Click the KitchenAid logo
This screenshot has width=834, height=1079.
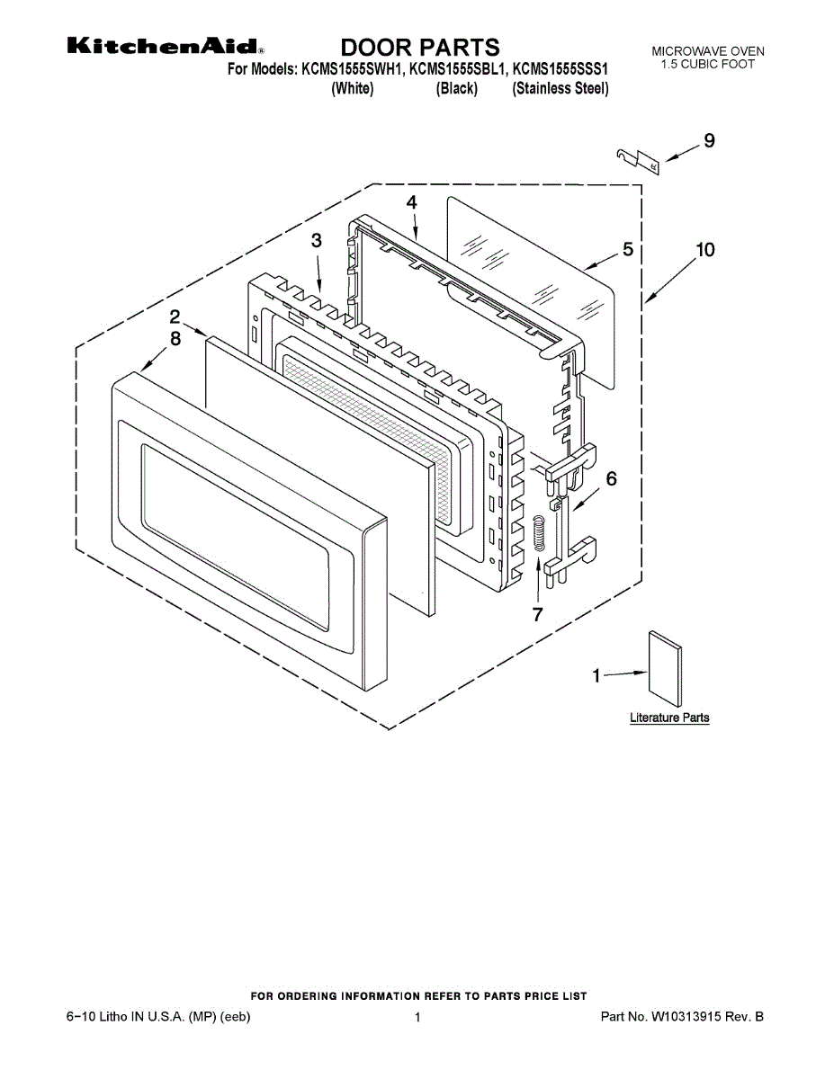(166, 47)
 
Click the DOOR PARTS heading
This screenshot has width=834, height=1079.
(419, 47)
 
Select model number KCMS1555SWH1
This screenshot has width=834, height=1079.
(351, 69)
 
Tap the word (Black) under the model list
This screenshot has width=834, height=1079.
(456, 89)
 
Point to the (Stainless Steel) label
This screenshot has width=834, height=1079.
(560, 89)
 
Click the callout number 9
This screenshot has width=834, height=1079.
(709, 140)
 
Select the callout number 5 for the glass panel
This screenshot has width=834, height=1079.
(627, 250)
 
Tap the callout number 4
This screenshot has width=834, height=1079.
(411, 202)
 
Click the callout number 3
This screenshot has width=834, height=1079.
(316, 240)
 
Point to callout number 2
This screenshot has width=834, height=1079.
(175, 317)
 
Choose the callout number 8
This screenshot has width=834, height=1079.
(175, 338)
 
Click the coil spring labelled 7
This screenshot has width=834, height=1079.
(539, 534)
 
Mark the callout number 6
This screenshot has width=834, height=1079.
(611, 479)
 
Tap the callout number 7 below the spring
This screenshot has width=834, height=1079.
(537, 614)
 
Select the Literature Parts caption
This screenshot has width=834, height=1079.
(668, 718)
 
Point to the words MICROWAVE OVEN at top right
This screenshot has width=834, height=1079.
(708, 52)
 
